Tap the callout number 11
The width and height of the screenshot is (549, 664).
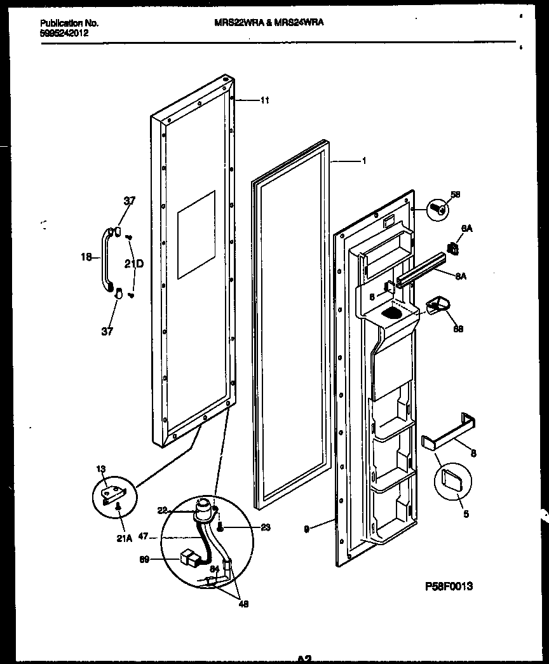pyautogui.click(x=265, y=100)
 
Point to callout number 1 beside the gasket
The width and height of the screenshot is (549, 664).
pyautogui.click(x=363, y=161)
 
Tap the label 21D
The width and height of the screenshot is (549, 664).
pyautogui.click(x=133, y=263)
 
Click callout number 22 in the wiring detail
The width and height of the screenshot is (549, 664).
pyautogui.click(x=161, y=509)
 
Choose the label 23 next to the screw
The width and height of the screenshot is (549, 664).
pyautogui.click(x=247, y=527)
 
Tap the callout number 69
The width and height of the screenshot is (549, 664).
pyautogui.click(x=146, y=560)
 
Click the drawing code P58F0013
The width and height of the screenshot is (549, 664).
pyautogui.click(x=448, y=586)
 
